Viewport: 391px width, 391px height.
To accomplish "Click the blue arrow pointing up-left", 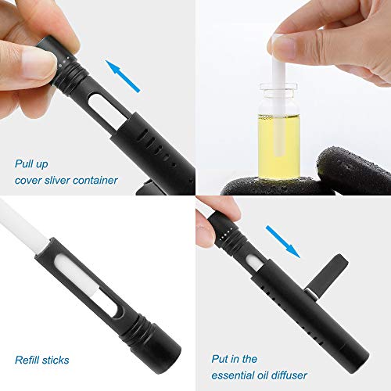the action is pos(123,76).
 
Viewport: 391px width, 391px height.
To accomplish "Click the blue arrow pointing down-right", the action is pos(283,242).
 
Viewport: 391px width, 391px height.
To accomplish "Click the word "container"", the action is pos(95,180).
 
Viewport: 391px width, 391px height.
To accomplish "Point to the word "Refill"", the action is pos(27,360).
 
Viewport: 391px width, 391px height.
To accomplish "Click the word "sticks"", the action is pos(56,360).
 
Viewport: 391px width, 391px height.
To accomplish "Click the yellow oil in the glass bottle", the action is pos(279,147).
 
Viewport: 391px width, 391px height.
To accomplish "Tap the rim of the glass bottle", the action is pos(278,87).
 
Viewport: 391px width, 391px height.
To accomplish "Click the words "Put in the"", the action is pos(235,359).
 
